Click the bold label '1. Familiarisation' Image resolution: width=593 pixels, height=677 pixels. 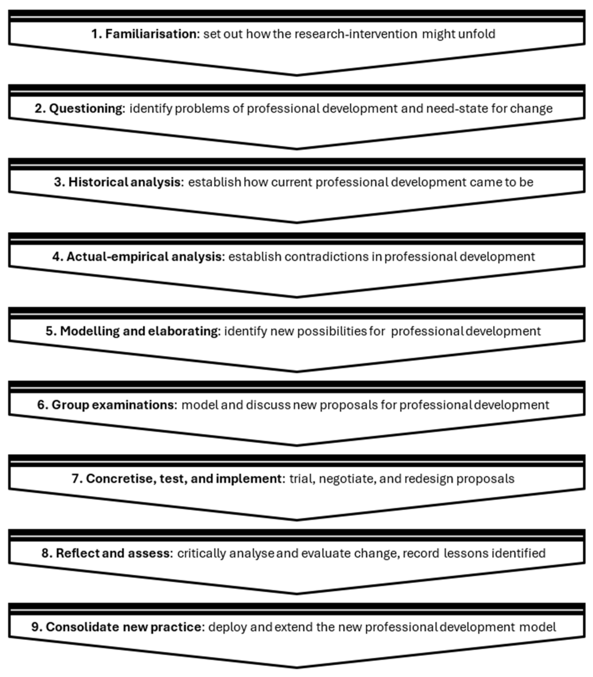[144, 34]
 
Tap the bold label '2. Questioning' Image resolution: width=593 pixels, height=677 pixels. [79, 108]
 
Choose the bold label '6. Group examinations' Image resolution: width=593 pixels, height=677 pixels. [106, 405]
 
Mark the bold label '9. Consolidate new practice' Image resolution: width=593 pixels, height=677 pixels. [116, 627]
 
